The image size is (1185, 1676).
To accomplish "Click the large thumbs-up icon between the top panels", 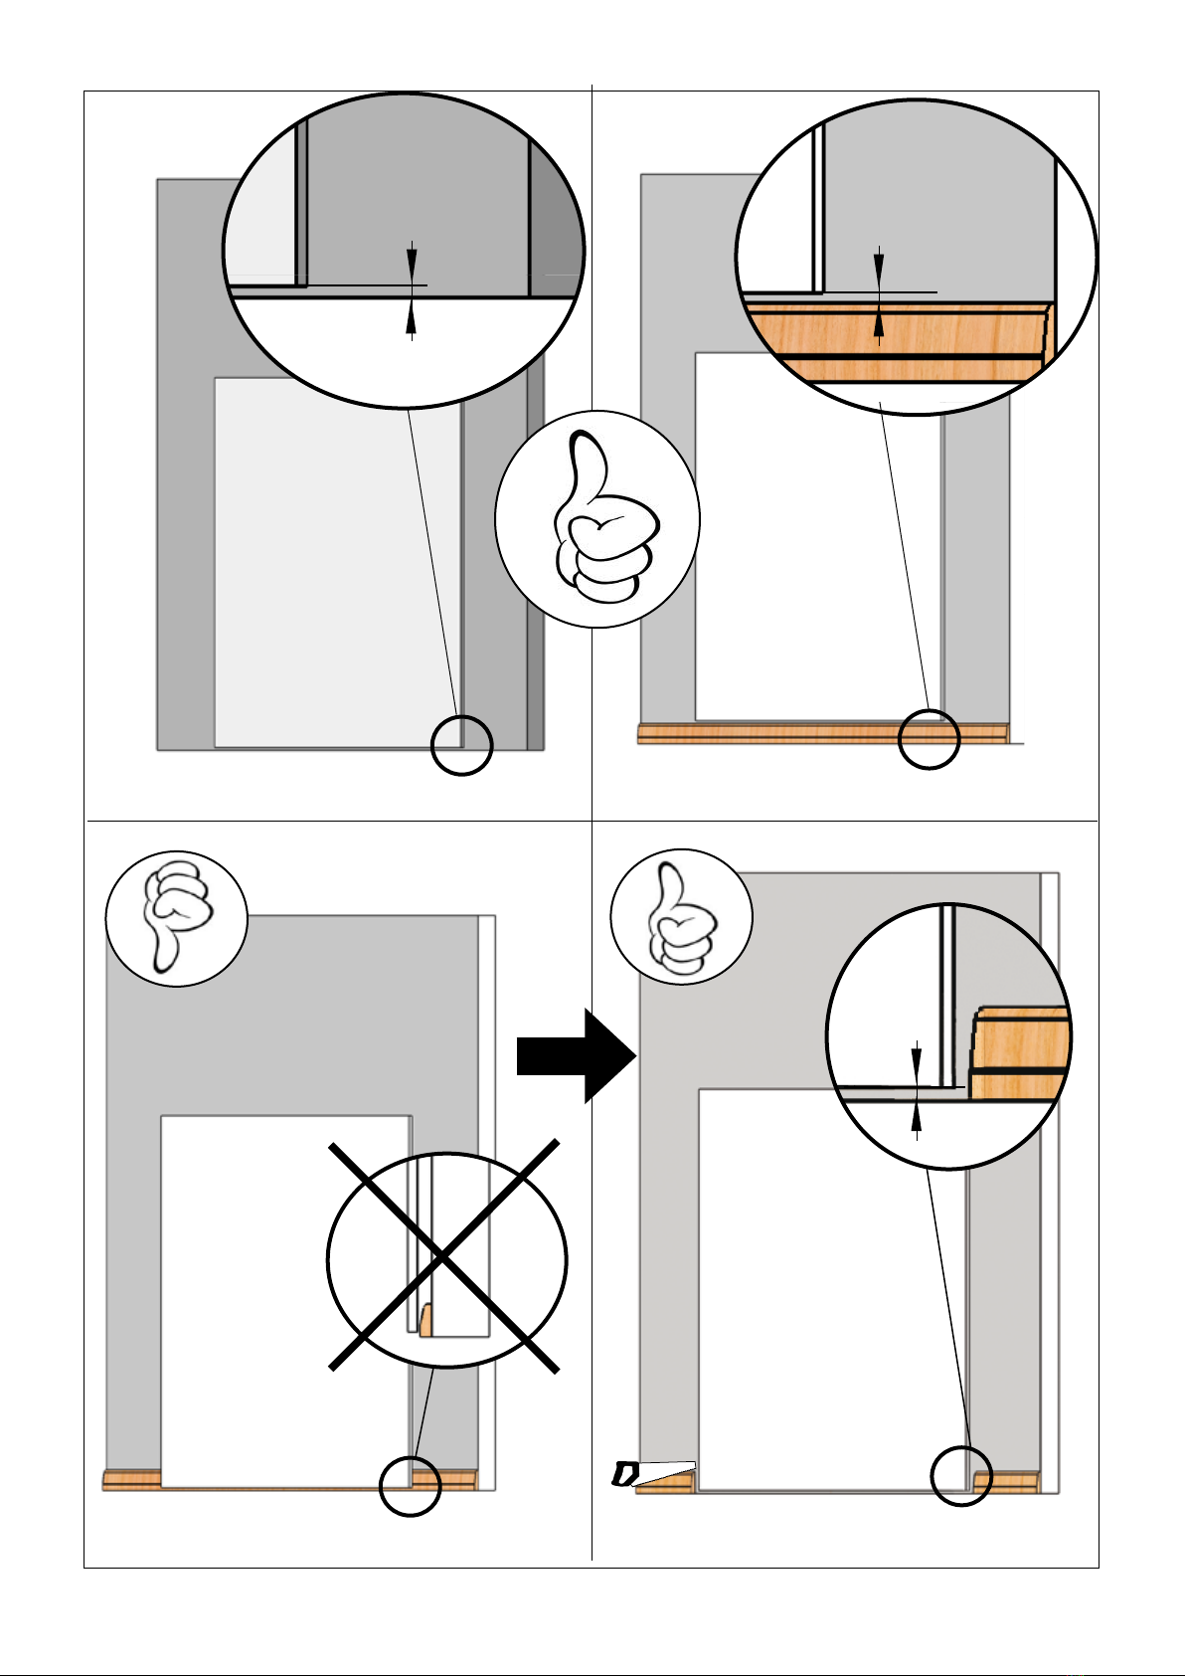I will (x=597, y=518).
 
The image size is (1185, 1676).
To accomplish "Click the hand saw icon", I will (x=651, y=1473).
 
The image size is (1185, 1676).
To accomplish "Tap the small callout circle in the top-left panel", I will (x=462, y=745).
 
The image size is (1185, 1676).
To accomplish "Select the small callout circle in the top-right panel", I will (x=929, y=739).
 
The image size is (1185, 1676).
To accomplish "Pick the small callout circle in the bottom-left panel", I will (x=410, y=1486).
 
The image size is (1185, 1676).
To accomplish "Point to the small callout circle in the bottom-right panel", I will (x=961, y=1476).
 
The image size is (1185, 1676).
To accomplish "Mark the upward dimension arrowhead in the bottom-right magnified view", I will (x=916, y=1118).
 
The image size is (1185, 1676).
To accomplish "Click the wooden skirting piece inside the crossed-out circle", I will (x=425, y=1321).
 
